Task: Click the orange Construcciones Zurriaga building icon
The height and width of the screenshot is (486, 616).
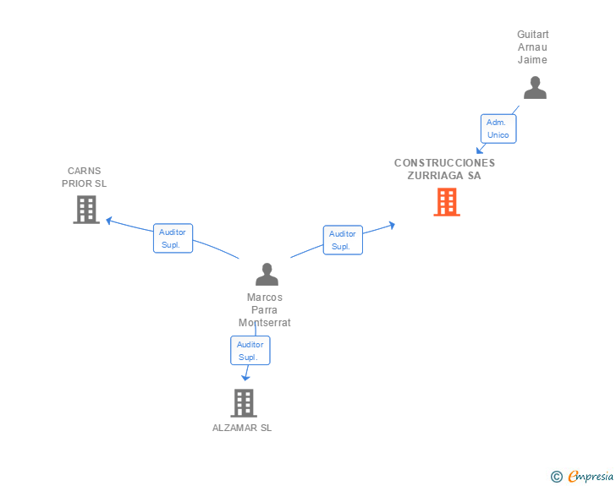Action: [447, 202]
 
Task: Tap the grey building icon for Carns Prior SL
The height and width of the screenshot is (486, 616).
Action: [86, 210]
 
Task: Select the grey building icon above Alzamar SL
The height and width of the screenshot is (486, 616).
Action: [244, 403]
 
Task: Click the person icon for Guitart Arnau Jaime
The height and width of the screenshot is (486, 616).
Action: [535, 88]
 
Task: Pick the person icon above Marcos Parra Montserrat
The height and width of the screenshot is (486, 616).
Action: [267, 274]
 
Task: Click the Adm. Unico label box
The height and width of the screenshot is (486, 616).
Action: [498, 128]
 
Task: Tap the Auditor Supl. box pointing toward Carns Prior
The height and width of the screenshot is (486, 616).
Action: [173, 238]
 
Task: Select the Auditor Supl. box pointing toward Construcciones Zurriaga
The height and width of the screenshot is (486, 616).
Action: [343, 240]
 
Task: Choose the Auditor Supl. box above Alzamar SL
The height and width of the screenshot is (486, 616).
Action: [250, 351]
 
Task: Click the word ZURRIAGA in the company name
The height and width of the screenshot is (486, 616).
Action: [435, 176]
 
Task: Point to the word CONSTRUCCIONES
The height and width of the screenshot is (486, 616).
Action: [445, 163]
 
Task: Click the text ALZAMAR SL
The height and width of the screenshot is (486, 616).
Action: [242, 428]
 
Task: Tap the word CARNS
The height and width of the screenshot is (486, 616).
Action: [84, 171]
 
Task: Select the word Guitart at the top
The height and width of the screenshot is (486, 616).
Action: [533, 35]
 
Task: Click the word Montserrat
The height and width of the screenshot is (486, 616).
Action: [264, 323]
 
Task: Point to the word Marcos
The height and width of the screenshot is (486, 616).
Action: [264, 298]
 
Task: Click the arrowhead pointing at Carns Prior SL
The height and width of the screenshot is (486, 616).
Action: [110, 221]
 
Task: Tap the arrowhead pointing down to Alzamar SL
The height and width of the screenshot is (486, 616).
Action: [245, 378]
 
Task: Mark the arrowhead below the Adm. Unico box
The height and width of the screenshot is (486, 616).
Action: [480, 150]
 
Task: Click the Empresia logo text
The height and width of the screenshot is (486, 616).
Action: [591, 476]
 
